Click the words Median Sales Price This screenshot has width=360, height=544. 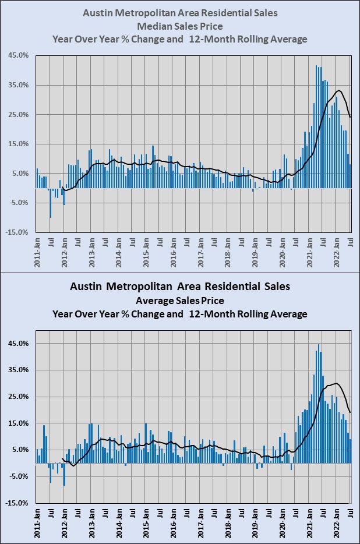(x=179, y=26)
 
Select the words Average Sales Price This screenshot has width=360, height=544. (x=179, y=301)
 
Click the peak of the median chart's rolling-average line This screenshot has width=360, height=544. (x=339, y=90)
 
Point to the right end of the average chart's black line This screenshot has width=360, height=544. (x=350, y=412)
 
